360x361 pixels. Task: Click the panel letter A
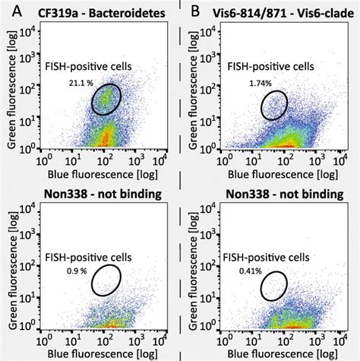10,11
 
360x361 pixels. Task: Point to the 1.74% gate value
262,81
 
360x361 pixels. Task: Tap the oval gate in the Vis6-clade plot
275,105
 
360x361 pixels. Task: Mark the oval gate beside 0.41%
275,285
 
